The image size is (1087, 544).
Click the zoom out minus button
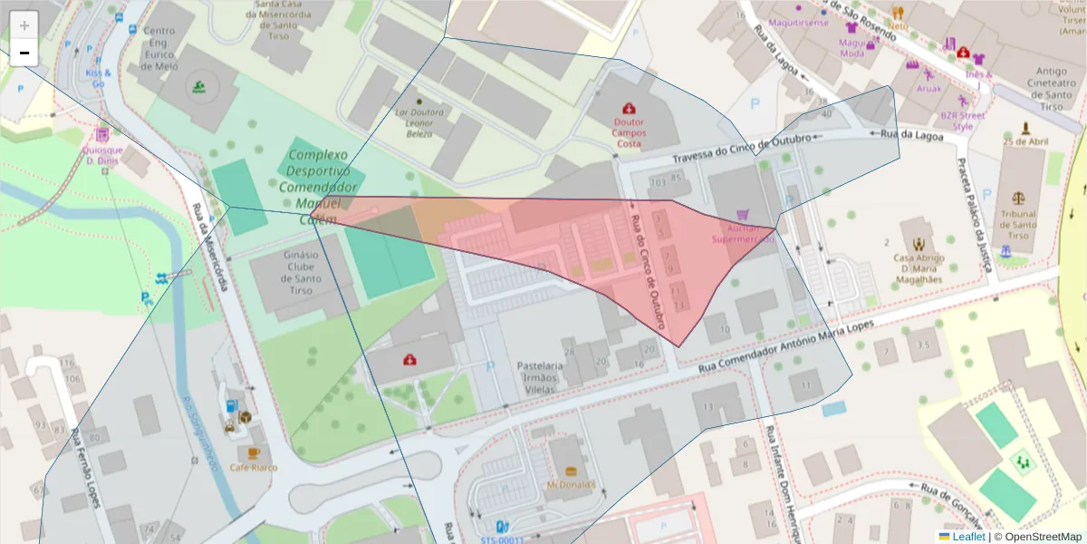click(24, 53)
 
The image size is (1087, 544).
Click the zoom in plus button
click(24, 25)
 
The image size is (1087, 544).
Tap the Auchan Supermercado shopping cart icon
click(743, 215)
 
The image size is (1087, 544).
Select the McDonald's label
click(571, 484)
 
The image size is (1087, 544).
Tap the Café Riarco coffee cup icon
click(253, 452)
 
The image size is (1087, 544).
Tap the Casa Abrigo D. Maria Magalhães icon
click(919, 244)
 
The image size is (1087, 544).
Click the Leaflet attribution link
click(967, 537)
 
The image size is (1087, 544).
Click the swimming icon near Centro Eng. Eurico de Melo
click(198, 87)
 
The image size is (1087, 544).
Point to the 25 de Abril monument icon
click(1025, 128)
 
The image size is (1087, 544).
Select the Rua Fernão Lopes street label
click(86, 467)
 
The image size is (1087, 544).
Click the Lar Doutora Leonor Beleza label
click(419, 122)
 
